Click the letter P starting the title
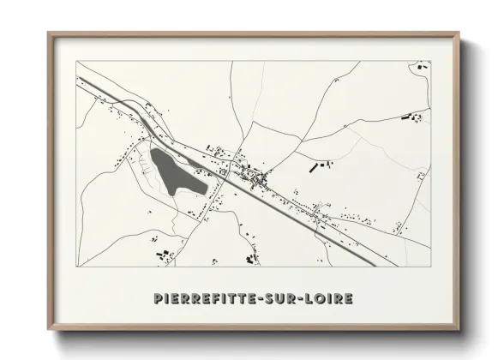pos(159,298)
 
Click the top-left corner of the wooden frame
pos(48,33)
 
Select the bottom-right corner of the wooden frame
pos(459,330)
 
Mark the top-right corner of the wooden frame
pos(459,33)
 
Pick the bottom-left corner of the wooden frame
pos(48,330)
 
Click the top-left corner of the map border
pos(77,61)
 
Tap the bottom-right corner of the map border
pos(430,267)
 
